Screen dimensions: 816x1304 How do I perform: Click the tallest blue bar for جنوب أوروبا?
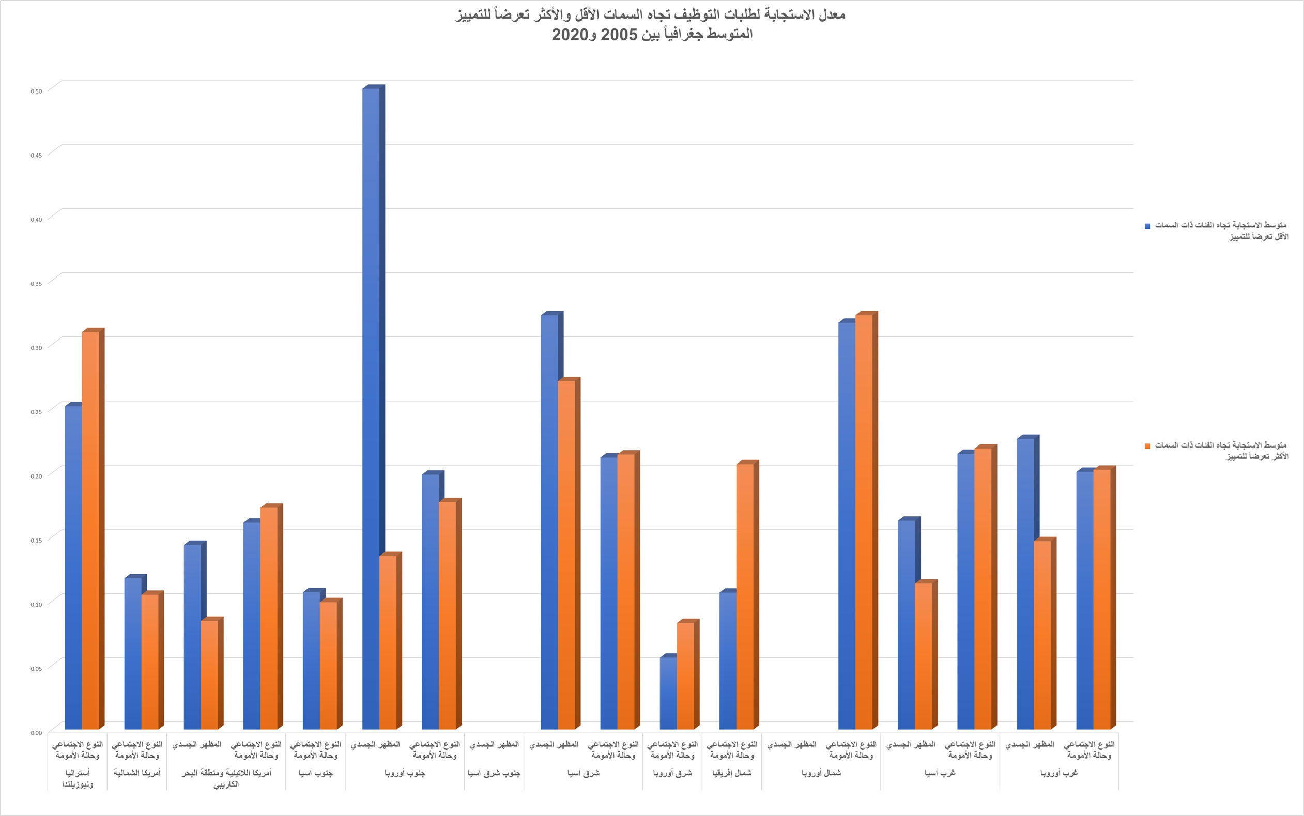coord(371,405)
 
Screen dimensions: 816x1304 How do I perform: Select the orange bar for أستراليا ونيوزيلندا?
coord(90,529)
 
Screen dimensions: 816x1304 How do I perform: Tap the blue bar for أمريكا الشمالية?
coord(133,653)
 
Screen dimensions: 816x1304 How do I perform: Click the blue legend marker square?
coord(1148,226)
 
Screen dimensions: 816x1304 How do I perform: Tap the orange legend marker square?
coord(1148,447)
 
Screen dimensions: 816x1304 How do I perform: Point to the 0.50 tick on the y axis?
coord(36,91)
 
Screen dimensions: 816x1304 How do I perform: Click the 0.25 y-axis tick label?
coord(36,412)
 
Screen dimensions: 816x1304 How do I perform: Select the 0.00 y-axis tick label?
coord(36,733)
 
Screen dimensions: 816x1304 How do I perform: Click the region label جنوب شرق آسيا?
coord(494,773)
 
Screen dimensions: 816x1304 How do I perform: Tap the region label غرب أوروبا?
coord(1059,773)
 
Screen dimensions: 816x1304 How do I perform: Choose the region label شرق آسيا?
coord(584,773)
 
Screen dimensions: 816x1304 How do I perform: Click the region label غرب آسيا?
coord(940,773)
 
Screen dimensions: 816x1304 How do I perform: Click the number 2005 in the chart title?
coord(620,35)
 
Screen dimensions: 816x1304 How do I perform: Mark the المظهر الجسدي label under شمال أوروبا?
coord(792,745)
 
